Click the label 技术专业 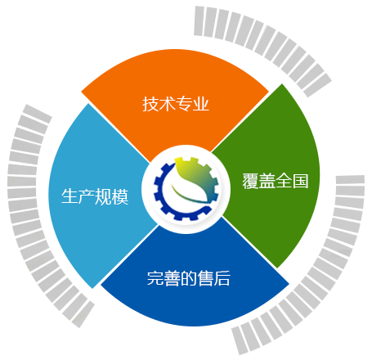tap(176, 104)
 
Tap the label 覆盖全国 tap(276, 181)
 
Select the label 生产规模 tap(95, 196)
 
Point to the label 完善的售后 tap(189, 278)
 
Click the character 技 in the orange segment tap(150, 104)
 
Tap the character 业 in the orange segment tap(201, 104)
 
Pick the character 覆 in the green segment tap(250, 181)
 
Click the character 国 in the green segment tap(301, 181)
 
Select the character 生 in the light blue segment tap(69, 196)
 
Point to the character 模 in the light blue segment tap(120, 196)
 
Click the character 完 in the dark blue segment tap(155, 278)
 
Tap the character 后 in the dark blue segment tap(222, 278)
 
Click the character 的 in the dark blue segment tap(189, 278)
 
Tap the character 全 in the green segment tap(284, 181)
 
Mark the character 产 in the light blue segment tap(87, 196)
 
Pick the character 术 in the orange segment tap(168, 104)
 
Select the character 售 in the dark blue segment tap(205, 278)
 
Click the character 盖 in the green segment tap(267, 181)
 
